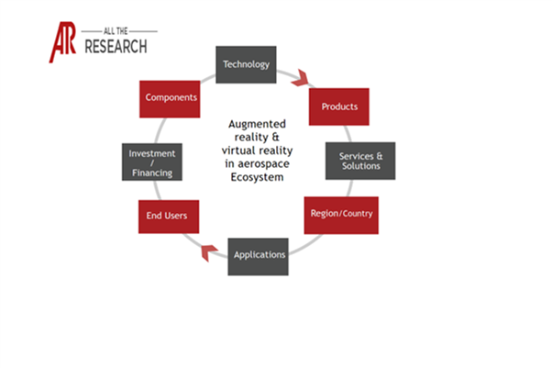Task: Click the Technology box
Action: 247,64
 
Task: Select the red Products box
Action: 339,106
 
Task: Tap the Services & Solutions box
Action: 360,161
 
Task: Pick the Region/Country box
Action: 341,214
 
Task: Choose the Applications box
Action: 259,254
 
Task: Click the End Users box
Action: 167,216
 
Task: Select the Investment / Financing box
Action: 151,162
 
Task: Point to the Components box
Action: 171,97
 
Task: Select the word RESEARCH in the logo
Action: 114,47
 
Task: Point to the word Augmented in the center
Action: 256,123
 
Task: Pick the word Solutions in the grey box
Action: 360,166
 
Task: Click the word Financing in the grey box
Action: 151,173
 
